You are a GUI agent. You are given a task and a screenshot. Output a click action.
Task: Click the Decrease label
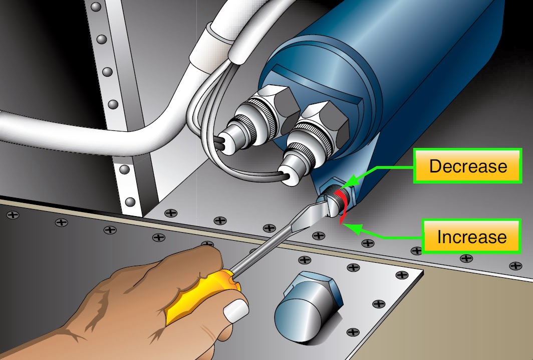point(468,166)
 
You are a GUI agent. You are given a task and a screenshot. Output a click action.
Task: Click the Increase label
point(471,236)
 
